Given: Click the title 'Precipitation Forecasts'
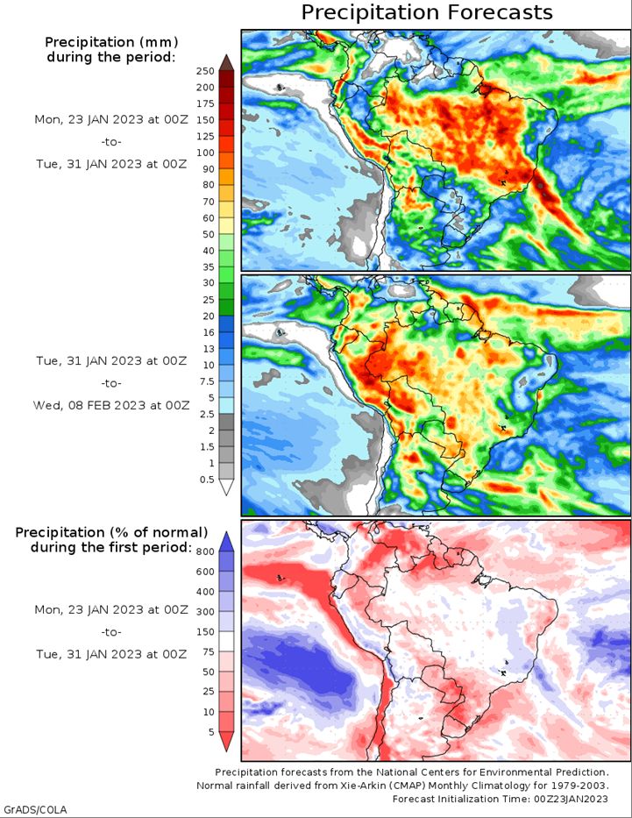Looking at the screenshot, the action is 427,12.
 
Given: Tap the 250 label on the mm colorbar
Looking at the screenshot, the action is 205,72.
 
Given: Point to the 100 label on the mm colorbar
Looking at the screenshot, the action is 205,153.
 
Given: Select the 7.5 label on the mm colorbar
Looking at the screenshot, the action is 208,381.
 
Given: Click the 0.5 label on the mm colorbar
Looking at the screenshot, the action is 208,480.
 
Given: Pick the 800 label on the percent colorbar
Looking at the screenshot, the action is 205,552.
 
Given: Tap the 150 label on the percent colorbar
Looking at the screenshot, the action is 205,632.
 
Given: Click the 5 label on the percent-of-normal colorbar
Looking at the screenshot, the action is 211,732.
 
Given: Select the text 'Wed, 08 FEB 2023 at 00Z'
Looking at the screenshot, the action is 111,405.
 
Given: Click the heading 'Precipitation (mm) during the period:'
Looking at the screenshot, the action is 111,49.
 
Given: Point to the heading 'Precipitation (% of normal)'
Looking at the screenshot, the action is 111,532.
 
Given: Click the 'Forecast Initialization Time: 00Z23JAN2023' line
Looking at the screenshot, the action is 500,799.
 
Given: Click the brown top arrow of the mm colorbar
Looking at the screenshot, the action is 226,62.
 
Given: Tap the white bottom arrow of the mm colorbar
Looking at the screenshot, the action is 226,487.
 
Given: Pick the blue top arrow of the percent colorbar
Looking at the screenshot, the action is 226,542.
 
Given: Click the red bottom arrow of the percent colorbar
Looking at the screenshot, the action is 226,742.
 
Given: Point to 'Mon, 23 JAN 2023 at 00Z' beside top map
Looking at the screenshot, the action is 111,119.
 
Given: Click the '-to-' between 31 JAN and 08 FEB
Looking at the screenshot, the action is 111,383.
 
